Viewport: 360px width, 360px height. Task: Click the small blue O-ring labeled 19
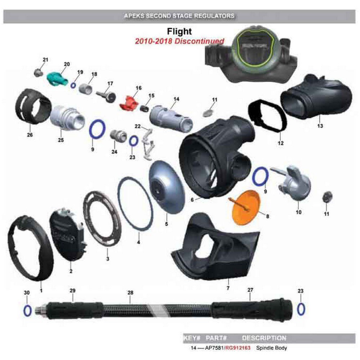click(73, 86)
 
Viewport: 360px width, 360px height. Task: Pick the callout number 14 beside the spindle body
click(176, 99)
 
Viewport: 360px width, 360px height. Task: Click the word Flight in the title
click(179, 31)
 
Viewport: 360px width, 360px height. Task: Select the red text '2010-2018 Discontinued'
click(179, 41)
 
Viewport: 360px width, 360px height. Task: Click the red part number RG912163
click(238, 348)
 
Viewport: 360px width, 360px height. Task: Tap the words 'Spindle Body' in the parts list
click(271, 348)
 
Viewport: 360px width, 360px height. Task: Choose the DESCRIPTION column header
click(264, 338)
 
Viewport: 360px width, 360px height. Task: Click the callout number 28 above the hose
click(130, 293)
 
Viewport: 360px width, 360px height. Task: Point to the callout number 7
click(228, 288)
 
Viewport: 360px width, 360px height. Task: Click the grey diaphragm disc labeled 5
click(167, 187)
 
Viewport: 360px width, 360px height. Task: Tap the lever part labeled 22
click(148, 144)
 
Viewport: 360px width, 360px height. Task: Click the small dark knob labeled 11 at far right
click(327, 197)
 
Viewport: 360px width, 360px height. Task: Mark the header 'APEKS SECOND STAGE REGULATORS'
click(179, 16)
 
